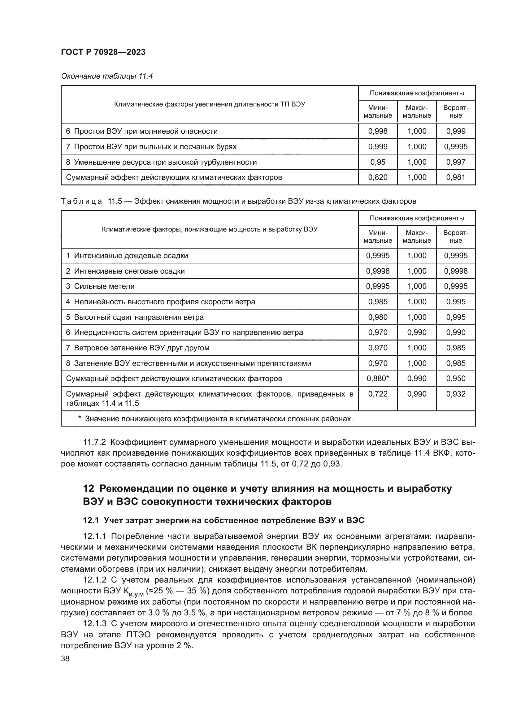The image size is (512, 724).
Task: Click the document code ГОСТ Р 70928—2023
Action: [103, 52]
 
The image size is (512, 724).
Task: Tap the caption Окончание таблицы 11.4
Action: [107, 76]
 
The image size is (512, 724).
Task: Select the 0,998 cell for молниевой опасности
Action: [377, 131]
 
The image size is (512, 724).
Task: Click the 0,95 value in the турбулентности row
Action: [377, 162]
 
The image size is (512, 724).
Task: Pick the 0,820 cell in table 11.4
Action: [377, 177]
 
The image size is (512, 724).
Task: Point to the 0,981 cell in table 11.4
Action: [455, 177]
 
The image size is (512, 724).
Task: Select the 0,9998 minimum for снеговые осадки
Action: [377, 271]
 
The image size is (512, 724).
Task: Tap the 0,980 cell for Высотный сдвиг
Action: [377, 317]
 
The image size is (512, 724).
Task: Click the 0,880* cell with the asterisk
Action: [377, 378]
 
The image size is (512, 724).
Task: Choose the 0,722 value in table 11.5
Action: [377, 394]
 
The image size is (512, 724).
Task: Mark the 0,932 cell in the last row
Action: [455, 394]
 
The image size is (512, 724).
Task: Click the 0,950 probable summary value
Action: [455, 378]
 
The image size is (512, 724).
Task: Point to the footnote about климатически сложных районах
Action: [215, 419]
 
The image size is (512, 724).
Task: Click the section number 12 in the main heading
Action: [89, 488]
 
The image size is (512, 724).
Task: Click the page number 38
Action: [65, 658]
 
